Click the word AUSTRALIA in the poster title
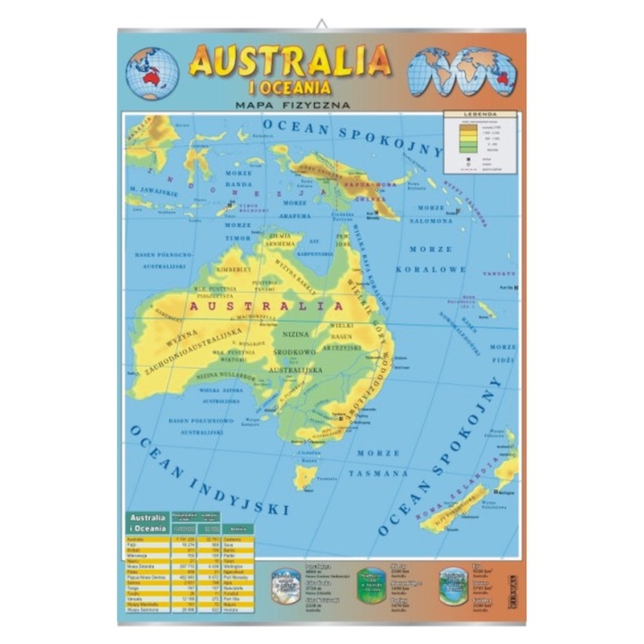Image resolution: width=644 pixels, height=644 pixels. [290, 61]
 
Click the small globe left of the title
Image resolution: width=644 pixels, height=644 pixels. [152, 72]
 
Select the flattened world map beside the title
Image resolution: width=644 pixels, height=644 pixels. [462, 72]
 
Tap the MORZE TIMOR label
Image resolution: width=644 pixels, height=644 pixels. [237, 233]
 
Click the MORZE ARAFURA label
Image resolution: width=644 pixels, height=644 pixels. [295, 209]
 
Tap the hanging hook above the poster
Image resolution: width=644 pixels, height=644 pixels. [322, 22]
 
